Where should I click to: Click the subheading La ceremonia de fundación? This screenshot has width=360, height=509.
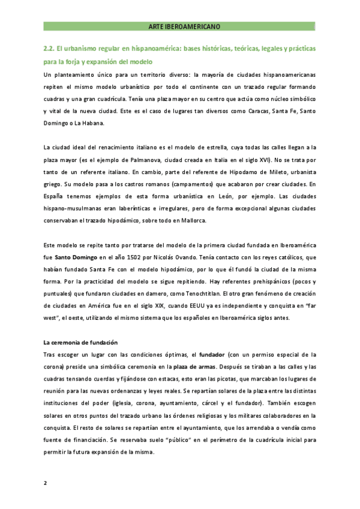(x=80, y=342)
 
